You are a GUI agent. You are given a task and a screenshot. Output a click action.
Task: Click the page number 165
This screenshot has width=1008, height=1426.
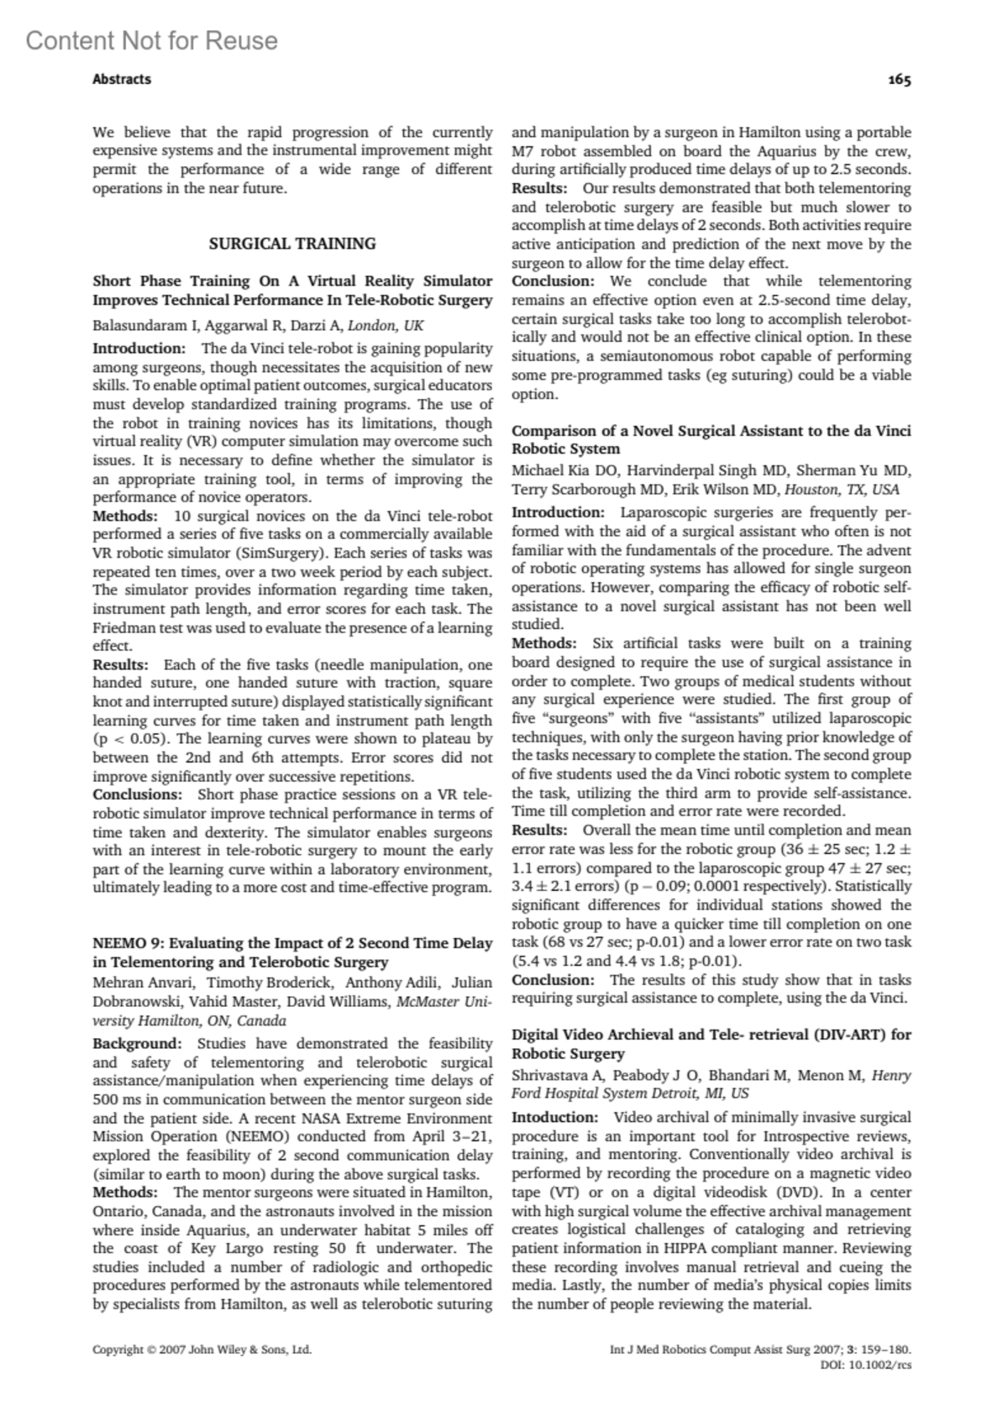[899, 80]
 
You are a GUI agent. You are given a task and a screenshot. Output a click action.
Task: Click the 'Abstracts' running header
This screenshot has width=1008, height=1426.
[122, 80]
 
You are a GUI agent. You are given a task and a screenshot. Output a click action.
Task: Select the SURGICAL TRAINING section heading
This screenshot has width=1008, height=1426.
[292, 244]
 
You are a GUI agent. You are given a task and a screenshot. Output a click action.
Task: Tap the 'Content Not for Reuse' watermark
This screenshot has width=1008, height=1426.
[151, 40]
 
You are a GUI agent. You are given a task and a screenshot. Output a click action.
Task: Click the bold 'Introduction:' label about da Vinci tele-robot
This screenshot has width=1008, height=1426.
[139, 348]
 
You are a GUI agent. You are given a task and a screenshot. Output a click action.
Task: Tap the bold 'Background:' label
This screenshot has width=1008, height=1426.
[137, 1044]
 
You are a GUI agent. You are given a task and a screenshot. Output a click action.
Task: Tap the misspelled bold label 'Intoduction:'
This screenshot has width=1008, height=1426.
[555, 1117]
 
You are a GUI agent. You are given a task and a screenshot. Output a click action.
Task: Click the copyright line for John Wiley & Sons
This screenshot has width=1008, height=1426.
[202, 1350]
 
